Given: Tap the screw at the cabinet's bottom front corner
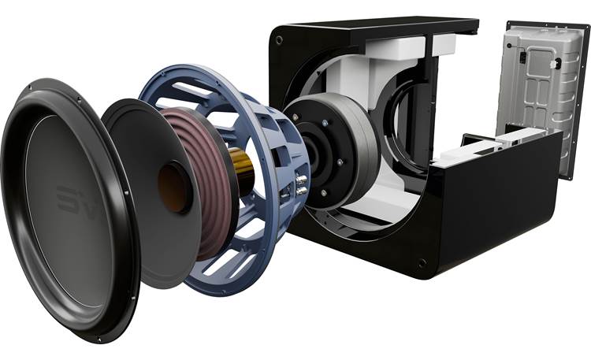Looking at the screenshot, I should tap(422, 262).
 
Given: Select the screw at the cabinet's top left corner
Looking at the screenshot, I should tap(278, 37).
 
